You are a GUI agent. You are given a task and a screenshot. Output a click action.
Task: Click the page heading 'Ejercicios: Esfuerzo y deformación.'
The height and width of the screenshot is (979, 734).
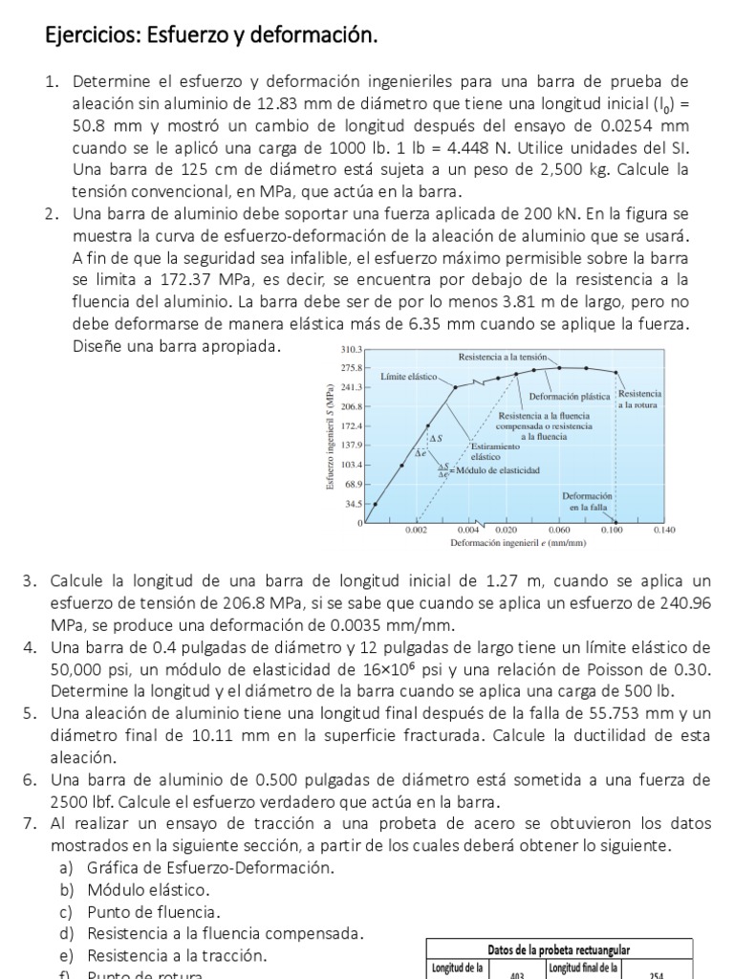[x=212, y=36]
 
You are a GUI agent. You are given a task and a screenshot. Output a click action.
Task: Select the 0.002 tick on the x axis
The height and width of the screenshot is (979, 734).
[x=416, y=529]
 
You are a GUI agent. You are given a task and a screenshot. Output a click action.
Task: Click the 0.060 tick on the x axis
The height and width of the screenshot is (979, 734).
[x=559, y=529]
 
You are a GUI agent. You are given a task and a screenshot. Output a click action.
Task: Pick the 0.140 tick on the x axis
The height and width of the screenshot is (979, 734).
[x=663, y=529]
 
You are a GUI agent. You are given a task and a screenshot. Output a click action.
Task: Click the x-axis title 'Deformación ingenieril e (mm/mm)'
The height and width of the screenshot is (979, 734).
[x=517, y=542]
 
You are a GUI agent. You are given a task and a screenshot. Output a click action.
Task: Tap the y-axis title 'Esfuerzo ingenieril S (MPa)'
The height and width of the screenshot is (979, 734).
[x=331, y=437]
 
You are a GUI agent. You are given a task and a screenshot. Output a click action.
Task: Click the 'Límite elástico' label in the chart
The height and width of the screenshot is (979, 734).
[x=409, y=377]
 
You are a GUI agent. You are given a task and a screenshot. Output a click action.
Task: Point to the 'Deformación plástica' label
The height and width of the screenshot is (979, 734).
[x=572, y=395]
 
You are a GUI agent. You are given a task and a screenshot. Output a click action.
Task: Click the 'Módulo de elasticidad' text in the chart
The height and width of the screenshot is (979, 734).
[x=498, y=470]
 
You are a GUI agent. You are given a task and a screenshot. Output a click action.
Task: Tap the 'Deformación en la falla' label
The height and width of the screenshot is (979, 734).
[x=587, y=500]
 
